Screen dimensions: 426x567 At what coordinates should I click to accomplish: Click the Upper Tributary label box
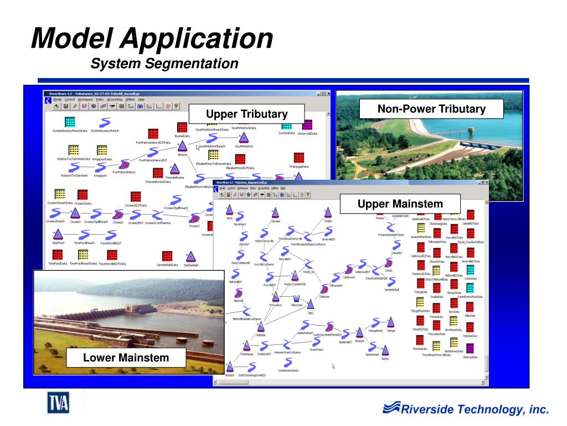246,114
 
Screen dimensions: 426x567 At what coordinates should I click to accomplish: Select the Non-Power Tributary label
431,109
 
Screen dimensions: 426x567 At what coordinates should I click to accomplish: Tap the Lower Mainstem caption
126,358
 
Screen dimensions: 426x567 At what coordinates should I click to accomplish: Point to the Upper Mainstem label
400,204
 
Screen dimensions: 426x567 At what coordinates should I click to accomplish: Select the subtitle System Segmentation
164,64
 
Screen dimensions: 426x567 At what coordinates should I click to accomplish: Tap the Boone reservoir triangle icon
182,146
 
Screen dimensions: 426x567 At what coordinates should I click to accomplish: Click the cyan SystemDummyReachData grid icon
70,123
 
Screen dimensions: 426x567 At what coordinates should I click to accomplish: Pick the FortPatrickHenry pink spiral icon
125,165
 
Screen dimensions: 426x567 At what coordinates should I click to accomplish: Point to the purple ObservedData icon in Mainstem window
470,349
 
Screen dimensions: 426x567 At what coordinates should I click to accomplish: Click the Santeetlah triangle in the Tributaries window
190,256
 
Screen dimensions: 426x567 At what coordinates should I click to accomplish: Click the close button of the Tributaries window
328,93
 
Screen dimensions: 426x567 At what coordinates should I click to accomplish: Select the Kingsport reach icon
101,168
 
